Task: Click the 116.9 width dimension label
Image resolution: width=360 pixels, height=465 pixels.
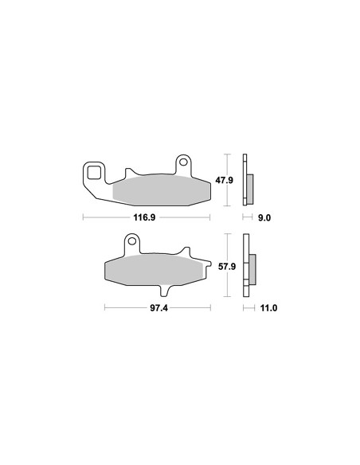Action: pos(144,217)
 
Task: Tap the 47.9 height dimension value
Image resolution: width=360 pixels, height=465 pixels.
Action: pos(224,180)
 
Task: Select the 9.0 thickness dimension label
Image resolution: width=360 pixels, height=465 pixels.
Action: pos(264,218)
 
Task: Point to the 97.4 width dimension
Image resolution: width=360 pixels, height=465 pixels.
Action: pos(158,308)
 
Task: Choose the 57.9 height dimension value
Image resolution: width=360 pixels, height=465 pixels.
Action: pos(227,267)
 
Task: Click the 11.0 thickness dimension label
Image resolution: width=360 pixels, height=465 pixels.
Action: pos(268,308)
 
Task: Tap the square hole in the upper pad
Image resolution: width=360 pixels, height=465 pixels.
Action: pos(94,174)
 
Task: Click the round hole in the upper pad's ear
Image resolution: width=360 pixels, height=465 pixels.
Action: pos(183,162)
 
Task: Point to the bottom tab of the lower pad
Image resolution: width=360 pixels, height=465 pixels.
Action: pos(165,291)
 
